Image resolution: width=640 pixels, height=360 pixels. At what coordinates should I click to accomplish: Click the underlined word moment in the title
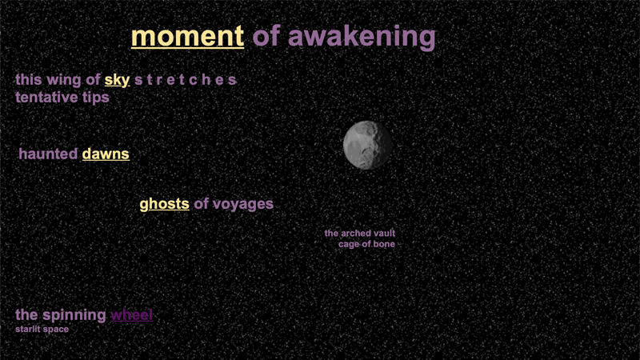coord(187,37)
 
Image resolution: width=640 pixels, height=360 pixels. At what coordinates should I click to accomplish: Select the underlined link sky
coord(117,80)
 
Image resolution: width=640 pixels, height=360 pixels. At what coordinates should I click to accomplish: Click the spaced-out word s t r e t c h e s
coord(185,80)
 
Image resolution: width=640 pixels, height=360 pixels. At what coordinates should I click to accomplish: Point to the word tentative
coord(46,98)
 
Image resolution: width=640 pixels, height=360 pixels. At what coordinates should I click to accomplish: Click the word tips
coord(95,98)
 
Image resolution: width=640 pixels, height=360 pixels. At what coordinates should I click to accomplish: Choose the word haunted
coord(48,154)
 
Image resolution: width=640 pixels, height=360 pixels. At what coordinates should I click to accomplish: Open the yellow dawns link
coord(106,154)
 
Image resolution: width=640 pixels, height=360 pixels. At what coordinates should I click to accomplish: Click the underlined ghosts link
coord(164,204)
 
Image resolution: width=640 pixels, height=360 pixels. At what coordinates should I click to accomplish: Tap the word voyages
coord(243,204)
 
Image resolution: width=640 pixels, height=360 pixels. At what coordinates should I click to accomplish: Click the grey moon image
coord(367,145)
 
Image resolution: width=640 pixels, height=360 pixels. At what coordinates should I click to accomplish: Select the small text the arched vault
coord(360,234)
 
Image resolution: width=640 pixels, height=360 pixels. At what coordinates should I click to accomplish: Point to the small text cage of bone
coord(366,244)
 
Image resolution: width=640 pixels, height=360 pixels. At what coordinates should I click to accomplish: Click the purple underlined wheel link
coord(131,314)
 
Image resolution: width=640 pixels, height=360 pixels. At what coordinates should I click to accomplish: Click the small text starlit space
coord(42,329)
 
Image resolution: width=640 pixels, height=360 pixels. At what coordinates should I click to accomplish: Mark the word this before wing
coord(28,80)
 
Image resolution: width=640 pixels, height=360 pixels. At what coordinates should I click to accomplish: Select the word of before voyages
coord(201,204)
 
